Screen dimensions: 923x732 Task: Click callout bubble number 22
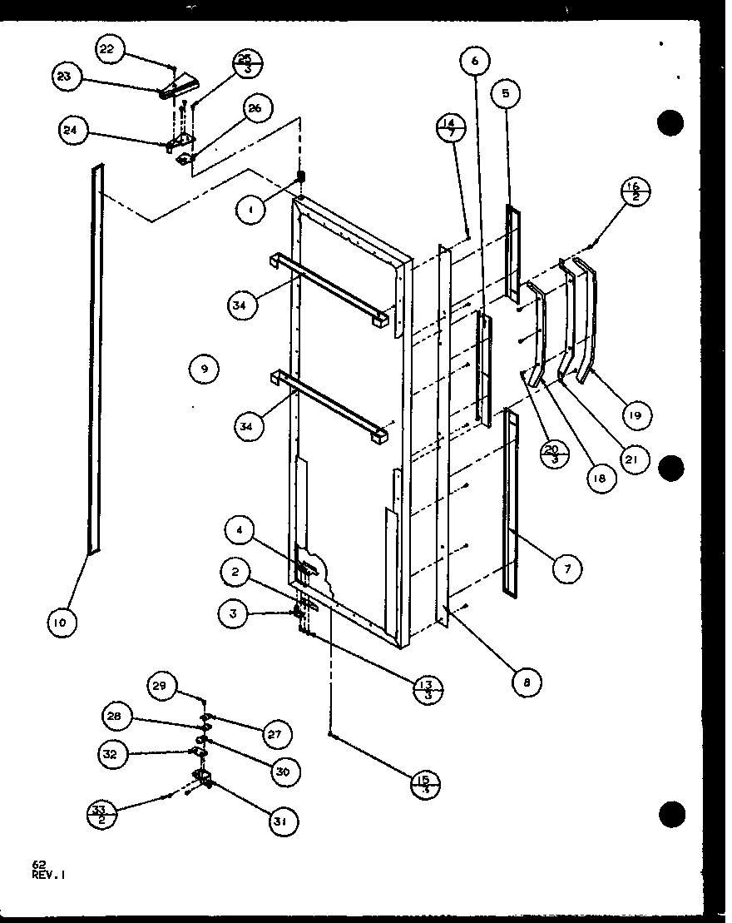click(x=108, y=49)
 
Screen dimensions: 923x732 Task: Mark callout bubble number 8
click(x=526, y=683)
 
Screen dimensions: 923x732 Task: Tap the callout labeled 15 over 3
click(x=426, y=783)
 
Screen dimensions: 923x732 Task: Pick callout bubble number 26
click(x=255, y=108)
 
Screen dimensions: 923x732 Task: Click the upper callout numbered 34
click(x=242, y=305)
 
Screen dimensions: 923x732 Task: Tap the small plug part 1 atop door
click(x=302, y=176)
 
